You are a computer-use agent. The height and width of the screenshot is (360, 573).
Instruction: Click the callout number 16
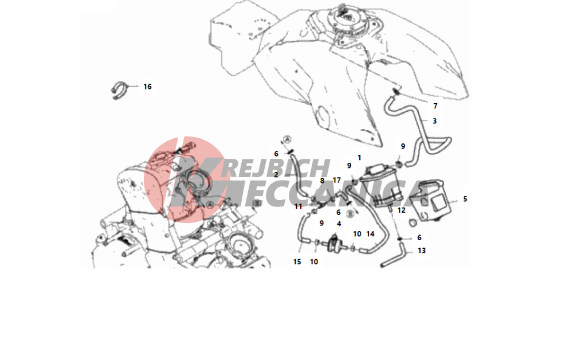[147, 87]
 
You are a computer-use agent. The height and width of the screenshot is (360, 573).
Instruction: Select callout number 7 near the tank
[435, 106]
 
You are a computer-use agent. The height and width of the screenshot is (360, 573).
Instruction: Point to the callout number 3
[434, 121]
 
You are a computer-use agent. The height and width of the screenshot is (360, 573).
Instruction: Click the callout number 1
[359, 158]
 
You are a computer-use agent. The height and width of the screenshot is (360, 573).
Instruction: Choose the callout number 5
[465, 199]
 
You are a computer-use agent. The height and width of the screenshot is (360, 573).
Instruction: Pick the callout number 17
[336, 180]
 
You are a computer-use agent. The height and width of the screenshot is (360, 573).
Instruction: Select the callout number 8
[322, 181]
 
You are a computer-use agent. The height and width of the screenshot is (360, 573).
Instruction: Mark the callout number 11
[298, 207]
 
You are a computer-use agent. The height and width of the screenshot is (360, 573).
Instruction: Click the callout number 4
[339, 224]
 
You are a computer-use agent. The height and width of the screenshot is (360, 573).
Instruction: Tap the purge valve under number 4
[333, 244]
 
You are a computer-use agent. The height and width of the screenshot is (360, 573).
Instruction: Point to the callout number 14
[370, 234]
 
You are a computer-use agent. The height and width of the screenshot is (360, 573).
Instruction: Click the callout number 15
[297, 261]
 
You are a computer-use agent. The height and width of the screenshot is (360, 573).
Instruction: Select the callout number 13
[421, 251]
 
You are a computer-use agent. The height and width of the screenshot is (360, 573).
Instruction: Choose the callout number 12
[401, 210]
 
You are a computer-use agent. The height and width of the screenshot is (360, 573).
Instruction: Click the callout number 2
[276, 175]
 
